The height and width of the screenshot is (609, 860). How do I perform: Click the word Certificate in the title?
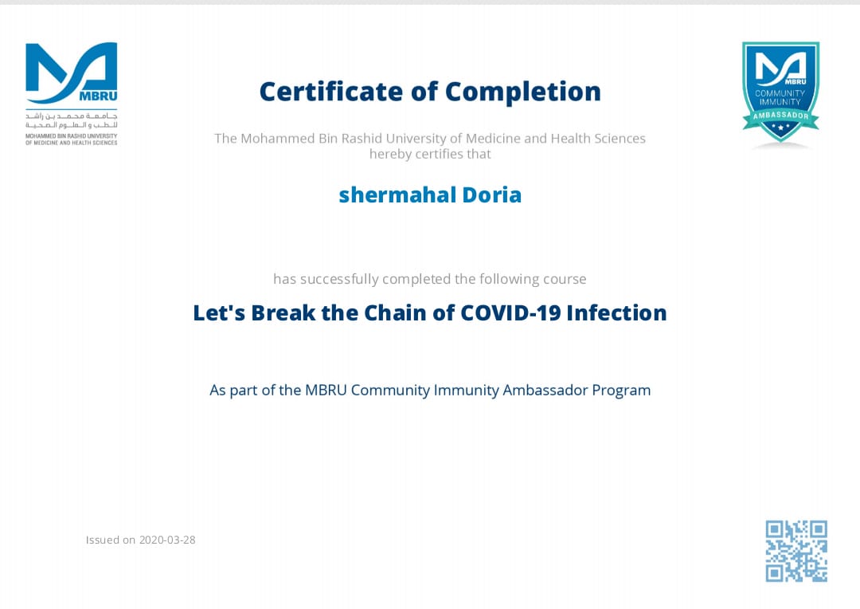(x=330, y=91)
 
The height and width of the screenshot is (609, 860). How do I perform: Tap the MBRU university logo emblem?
(x=72, y=73)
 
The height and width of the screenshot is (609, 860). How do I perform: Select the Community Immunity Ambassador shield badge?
(x=781, y=92)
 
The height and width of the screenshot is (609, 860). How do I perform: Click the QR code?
(x=796, y=551)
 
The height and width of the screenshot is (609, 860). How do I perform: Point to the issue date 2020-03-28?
(x=167, y=540)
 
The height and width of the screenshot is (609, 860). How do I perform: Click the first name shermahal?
(x=397, y=195)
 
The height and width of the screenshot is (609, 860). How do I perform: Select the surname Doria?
(x=492, y=195)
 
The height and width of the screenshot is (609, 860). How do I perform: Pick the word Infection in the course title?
(x=616, y=313)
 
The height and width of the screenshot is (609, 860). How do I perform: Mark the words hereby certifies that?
(x=430, y=155)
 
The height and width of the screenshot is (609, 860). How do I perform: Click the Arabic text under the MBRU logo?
(x=72, y=121)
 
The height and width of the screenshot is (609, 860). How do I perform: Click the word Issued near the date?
(x=103, y=540)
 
